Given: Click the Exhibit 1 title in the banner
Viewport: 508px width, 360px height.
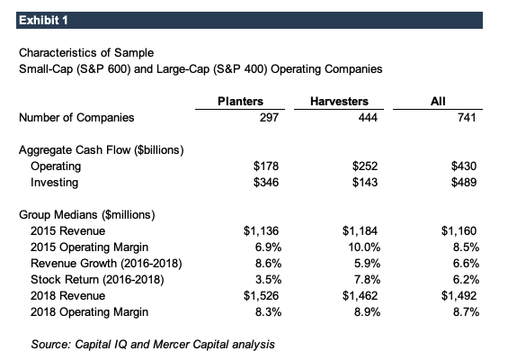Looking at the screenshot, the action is (x=43, y=21).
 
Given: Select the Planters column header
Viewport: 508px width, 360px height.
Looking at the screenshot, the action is (x=240, y=101).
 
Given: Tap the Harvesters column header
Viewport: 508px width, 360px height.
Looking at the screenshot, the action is (x=339, y=101).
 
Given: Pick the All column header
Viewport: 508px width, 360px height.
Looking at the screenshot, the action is (x=438, y=101).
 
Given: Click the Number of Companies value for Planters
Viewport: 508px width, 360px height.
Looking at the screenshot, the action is (x=269, y=117).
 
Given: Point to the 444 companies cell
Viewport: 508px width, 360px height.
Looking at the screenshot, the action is (x=368, y=117).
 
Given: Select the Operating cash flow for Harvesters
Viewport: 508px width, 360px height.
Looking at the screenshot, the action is (x=365, y=166).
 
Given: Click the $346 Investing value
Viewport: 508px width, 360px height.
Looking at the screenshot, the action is (x=266, y=183).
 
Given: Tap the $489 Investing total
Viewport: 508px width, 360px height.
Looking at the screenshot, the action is (x=464, y=183).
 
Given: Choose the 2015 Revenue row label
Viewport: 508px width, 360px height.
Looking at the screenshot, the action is (x=67, y=231).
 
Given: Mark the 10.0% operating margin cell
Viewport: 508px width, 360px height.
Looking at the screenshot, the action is (x=364, y=247).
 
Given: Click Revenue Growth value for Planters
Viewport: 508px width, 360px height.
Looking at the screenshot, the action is (x=268, y=264).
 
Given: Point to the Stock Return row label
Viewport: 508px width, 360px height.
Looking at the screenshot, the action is (x=97, y=280).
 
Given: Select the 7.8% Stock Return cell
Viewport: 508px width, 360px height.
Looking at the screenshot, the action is (x=367, y=280).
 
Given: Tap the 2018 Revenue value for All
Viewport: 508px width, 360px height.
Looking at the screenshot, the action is (x=459, y=296).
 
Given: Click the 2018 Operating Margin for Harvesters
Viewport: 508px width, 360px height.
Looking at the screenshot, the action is (x=367, y=312).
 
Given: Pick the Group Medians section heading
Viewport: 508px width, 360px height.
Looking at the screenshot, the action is (x=87, y=215).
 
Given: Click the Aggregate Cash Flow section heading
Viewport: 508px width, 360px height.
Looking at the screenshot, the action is (x=101, y=149).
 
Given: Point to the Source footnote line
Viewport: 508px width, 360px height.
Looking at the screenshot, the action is (x=153, y=344).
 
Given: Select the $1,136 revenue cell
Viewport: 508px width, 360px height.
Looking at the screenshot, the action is (x=261, y=231).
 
